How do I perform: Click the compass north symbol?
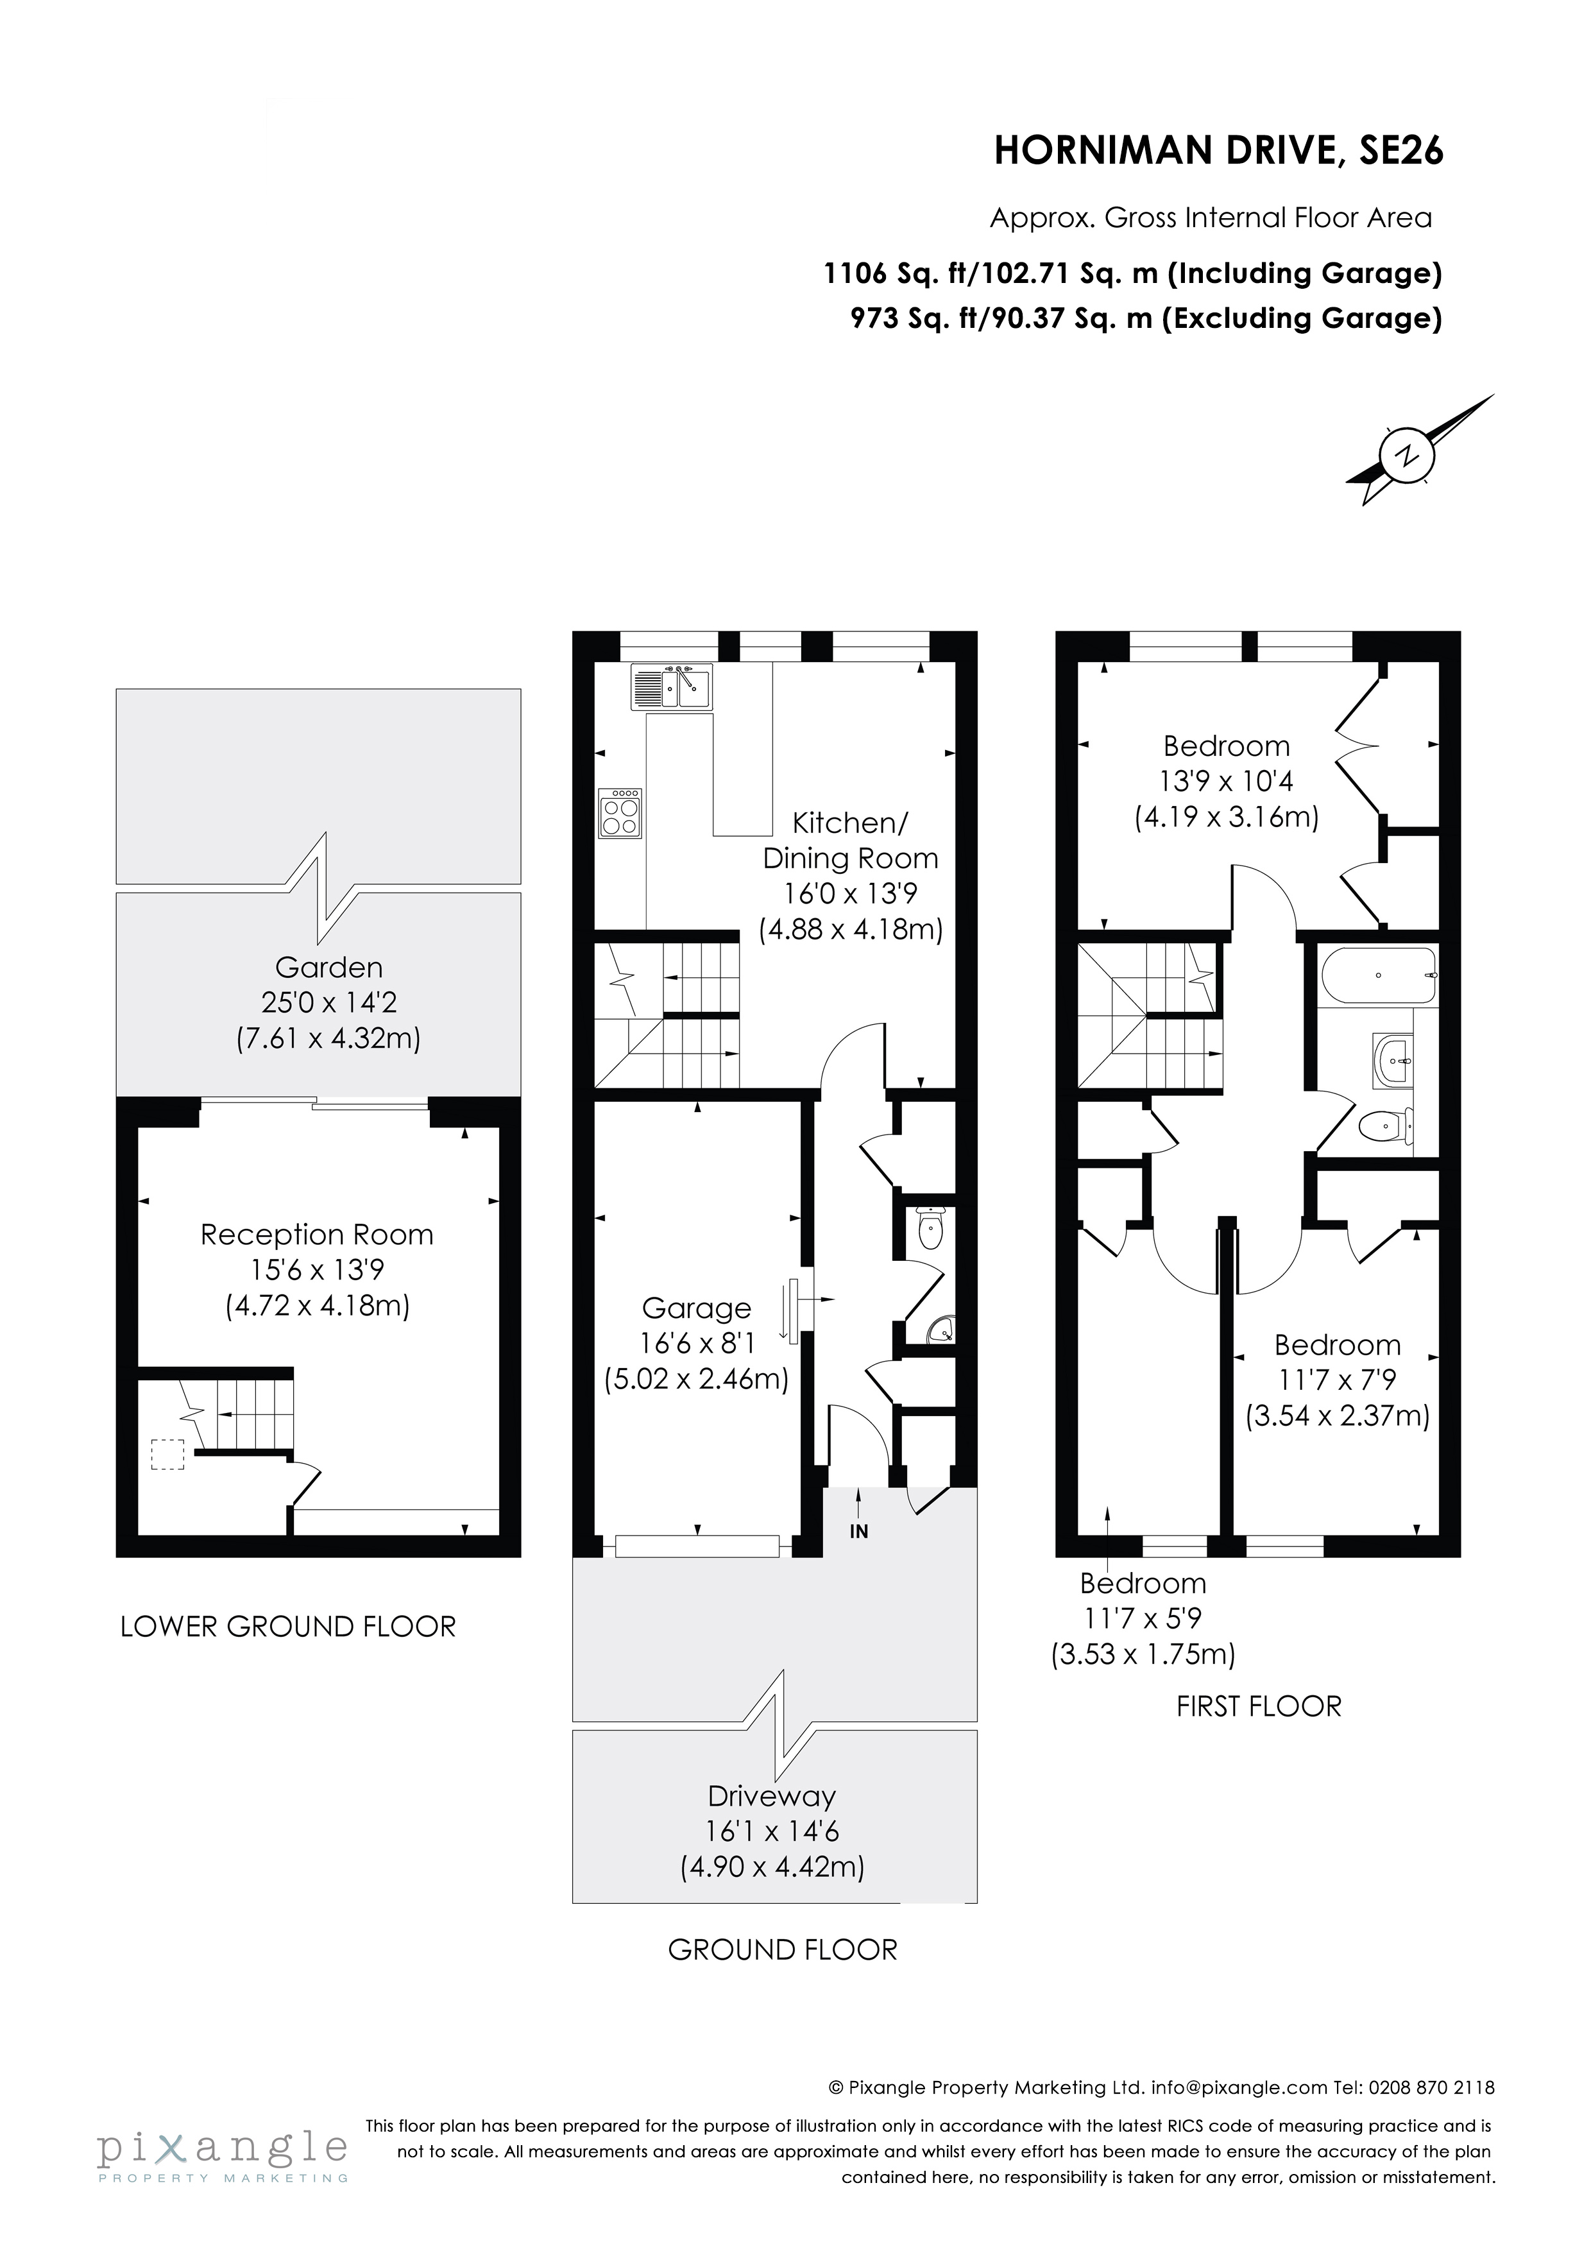1408,456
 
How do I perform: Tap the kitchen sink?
672,687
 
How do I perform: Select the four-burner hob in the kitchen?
620,814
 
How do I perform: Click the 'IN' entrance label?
859,1532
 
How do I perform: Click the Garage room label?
696,1308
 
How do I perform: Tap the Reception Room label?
317,1235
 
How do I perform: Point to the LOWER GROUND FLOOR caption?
288,1627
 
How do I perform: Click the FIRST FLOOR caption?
1259,1706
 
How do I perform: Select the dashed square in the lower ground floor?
167,1455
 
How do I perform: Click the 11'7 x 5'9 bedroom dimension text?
1143,1619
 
